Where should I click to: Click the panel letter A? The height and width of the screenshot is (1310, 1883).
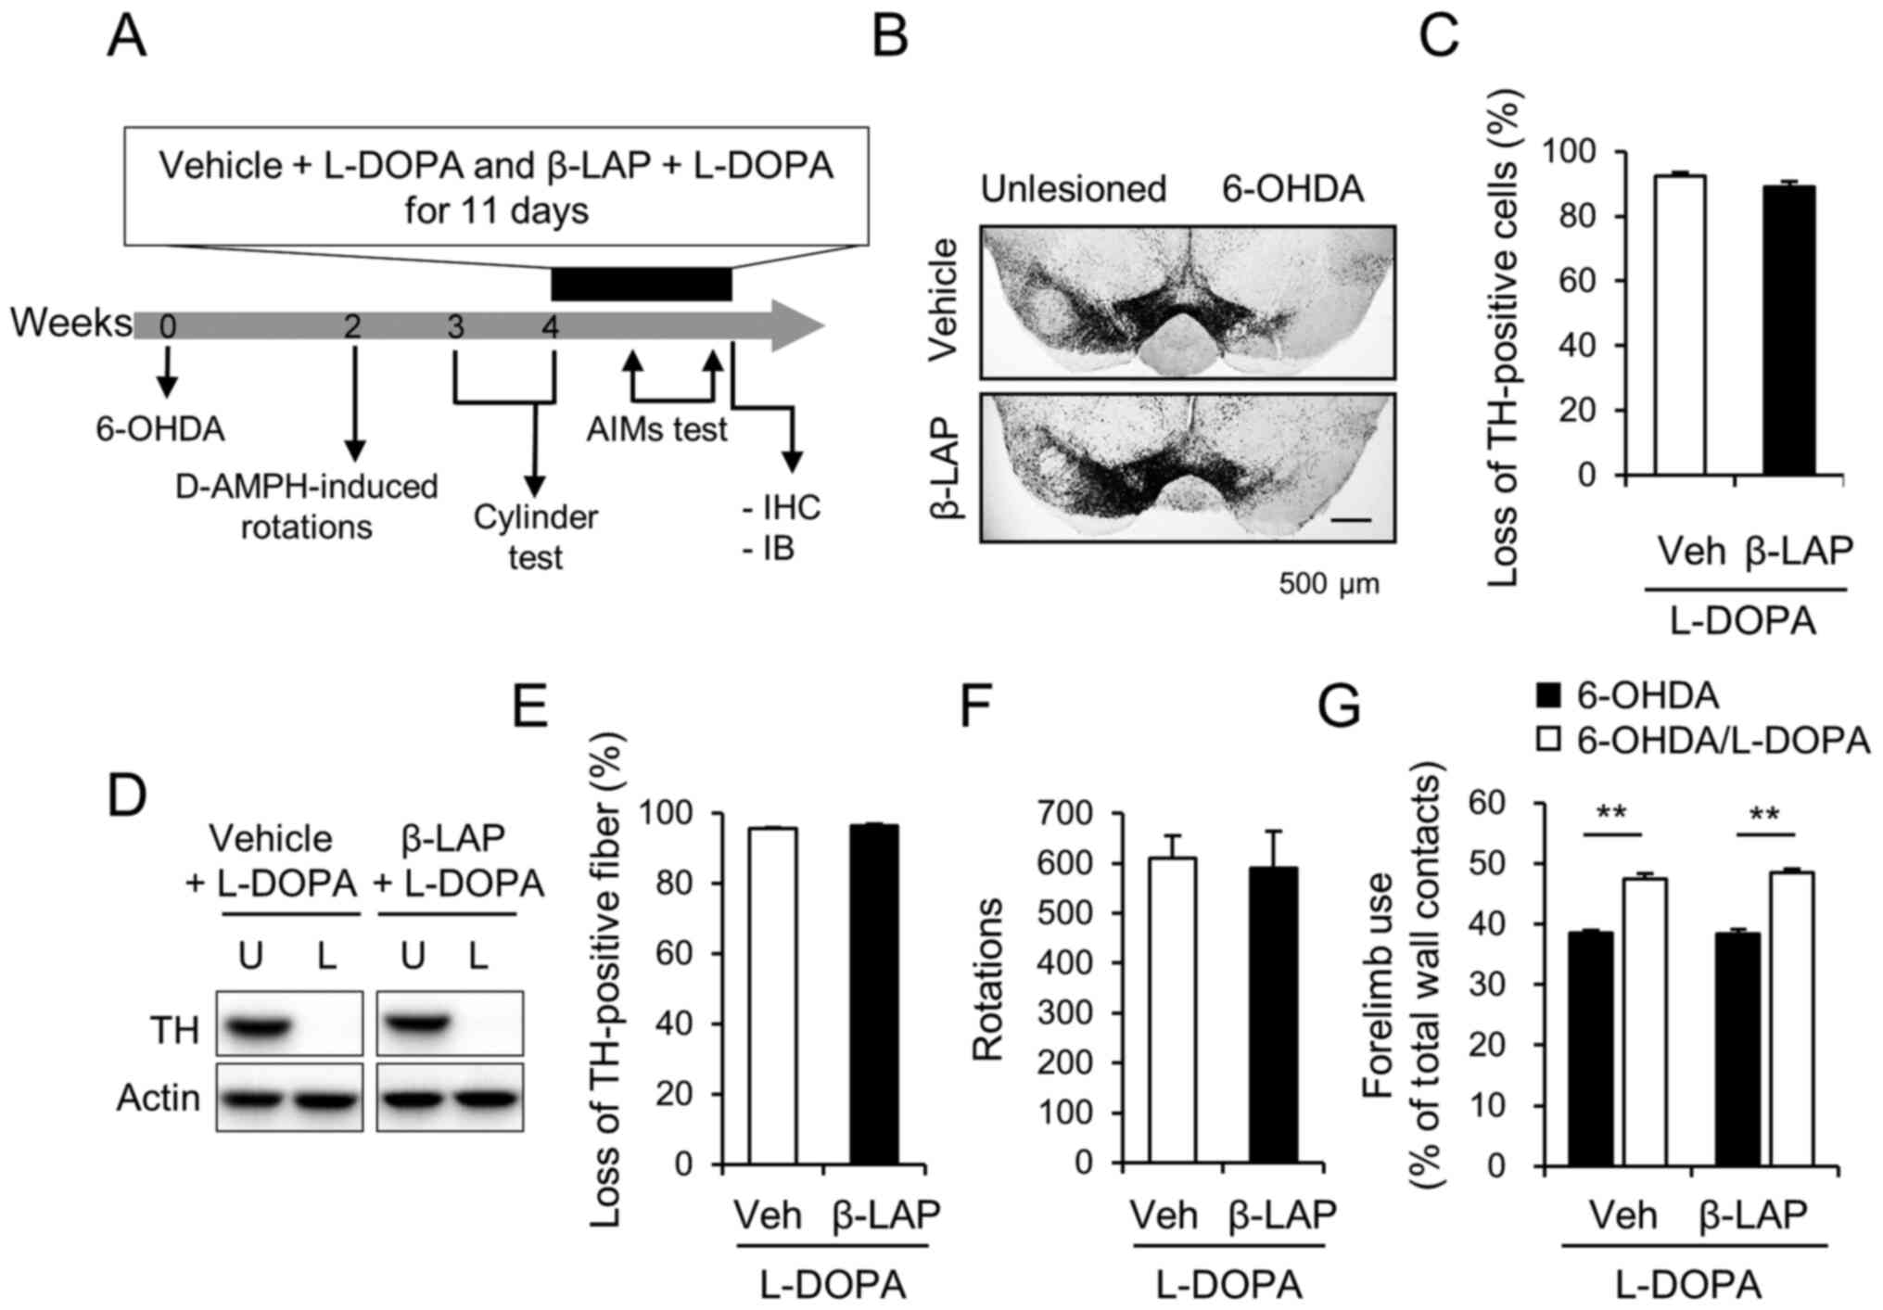pyautogui.click(x=127, y=37)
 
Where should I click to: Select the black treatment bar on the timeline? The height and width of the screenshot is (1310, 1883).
pyautogui.click(x=641, y=284)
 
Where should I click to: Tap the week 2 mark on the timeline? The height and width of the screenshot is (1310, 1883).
pyautogui.click(x=351, y=326)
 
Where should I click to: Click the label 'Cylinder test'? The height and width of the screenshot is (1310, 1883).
pyautogui.click(x=535, y=537)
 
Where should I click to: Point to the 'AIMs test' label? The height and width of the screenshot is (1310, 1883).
pyautogui.click(x=656, y=429)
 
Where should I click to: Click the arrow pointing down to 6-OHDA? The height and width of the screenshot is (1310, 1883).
pyautogui.click(x=167, y=372)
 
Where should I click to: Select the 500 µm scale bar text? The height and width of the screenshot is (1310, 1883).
pyautogui.click(x=1328, y=583)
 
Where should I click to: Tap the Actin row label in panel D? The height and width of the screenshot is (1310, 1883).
pyautogui.click(x=159, y=1098)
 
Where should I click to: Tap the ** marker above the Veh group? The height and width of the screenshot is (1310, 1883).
pyautogui.click(x=1610, y=814)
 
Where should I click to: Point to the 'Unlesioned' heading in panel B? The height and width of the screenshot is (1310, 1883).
pyautogui.click(x=1073, y=189)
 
